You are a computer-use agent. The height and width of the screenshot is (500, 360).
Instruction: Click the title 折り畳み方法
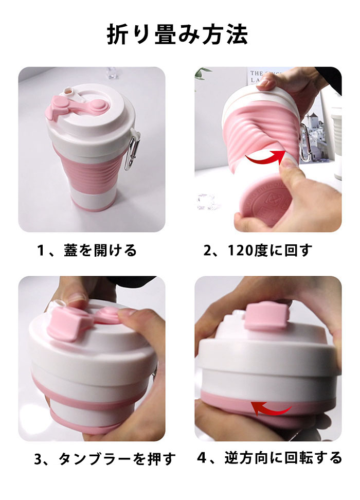coord(177,34)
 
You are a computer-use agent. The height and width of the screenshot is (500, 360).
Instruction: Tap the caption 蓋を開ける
coord(100,251)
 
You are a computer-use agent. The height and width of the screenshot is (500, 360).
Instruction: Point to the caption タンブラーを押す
coord(117,459)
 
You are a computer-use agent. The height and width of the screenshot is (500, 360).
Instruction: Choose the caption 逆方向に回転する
coord(283,458)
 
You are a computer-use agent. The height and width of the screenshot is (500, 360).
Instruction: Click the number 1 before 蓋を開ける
coord(41,251)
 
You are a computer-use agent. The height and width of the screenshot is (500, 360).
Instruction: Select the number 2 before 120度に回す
coord(208,251)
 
